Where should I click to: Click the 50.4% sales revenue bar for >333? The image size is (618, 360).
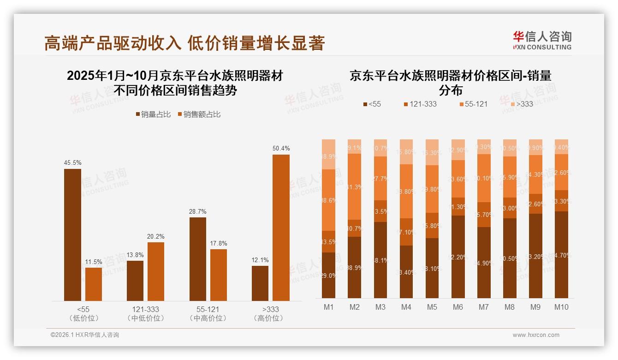point(281,228)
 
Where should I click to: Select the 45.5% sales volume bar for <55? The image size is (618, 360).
point(72,234)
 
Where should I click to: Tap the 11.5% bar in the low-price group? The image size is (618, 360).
point(94,284)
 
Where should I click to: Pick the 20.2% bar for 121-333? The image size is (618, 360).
point(156,271)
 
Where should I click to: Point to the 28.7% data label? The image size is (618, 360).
point(198,211)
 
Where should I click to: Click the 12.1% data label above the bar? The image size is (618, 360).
point(260,260)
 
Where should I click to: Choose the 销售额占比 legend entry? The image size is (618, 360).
point(199,114)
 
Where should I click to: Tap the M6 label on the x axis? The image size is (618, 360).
point(458,307)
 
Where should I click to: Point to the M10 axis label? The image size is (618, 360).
point(561,307)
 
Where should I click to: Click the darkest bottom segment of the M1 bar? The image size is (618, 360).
point(329,275)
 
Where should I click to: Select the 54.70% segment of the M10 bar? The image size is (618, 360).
point(561,254)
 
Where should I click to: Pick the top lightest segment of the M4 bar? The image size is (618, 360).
point(406,152)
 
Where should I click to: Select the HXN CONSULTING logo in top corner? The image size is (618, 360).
point(542,40)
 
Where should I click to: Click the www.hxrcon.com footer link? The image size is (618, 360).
point(536,335)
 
